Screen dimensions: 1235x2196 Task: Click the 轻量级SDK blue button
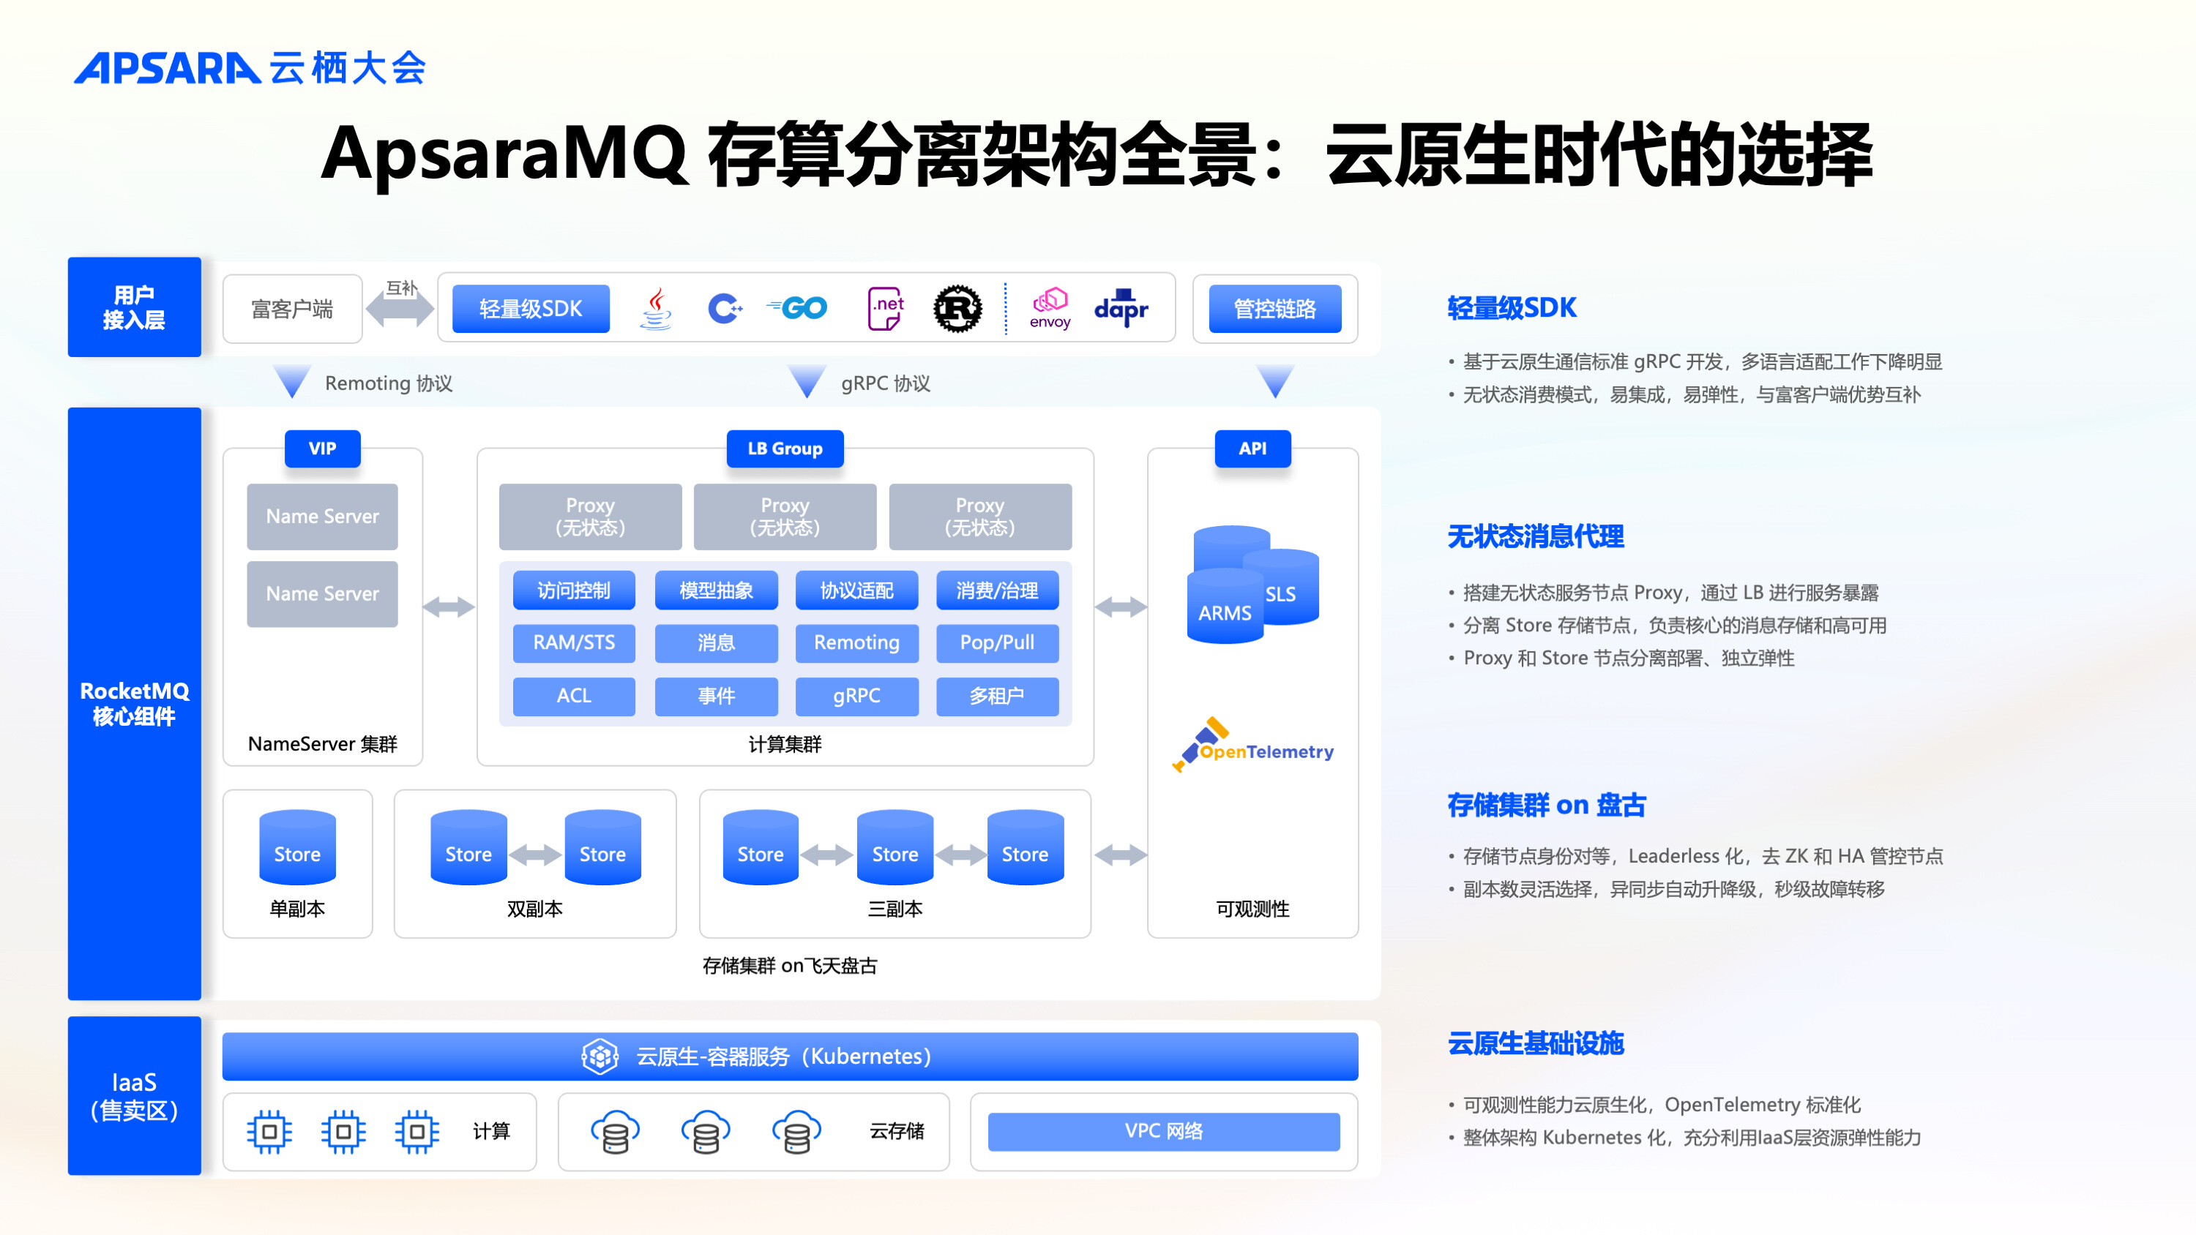click(530, 309)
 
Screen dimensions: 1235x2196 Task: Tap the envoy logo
click(1050, 308)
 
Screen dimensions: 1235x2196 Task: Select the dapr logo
click(1121, 308)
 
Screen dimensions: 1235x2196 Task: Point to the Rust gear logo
click(957, 309)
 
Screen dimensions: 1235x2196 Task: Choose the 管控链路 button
click(1274, 309)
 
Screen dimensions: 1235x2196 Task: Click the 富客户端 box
click(292, 309)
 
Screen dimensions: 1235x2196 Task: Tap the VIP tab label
click(322, 448)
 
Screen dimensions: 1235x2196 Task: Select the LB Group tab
click(784, 448)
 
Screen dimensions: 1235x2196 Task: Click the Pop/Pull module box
click(996, 642)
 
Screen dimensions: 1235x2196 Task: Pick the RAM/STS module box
click(574, 642)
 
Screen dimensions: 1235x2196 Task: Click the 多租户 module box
click(996, 696)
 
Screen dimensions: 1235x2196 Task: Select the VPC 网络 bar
click(1164, 1131)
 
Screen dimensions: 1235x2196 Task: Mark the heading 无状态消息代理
click(1535, 536)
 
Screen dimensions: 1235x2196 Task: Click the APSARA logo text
click(167, 68)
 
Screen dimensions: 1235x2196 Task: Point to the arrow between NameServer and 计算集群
click(449, 607)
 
